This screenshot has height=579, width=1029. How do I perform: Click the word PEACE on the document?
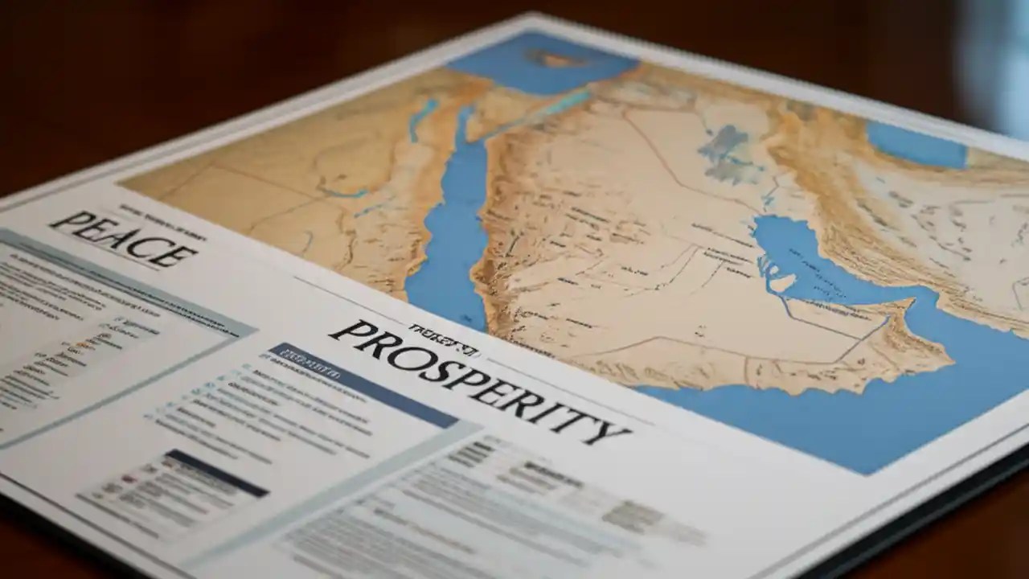click(122, 239)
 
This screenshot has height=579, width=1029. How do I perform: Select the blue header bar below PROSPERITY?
click(362, 385)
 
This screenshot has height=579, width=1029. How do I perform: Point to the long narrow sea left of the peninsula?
click(450, 233)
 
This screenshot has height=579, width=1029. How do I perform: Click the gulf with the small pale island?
click(812, 265)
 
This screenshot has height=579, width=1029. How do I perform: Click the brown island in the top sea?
click(555, 58)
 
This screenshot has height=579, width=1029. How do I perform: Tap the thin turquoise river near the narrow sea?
click(417, 121)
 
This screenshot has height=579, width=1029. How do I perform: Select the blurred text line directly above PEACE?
click(161, 213)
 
